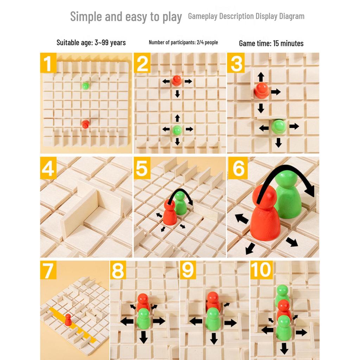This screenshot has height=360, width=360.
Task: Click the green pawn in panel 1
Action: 85,86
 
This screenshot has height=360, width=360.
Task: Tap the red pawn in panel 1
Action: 85,124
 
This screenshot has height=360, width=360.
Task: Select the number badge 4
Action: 48,168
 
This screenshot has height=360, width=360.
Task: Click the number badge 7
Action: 48,270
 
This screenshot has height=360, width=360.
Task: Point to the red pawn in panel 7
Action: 68,320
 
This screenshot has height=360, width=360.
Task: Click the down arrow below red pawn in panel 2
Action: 177,94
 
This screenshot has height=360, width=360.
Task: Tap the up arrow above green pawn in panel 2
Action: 177,118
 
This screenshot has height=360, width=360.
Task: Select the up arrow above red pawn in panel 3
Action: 261,77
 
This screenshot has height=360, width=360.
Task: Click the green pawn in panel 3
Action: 279,127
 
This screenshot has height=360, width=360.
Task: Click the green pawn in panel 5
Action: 181,203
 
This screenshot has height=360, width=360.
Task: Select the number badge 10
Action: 262,270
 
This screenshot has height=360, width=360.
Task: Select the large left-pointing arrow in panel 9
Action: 196,321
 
